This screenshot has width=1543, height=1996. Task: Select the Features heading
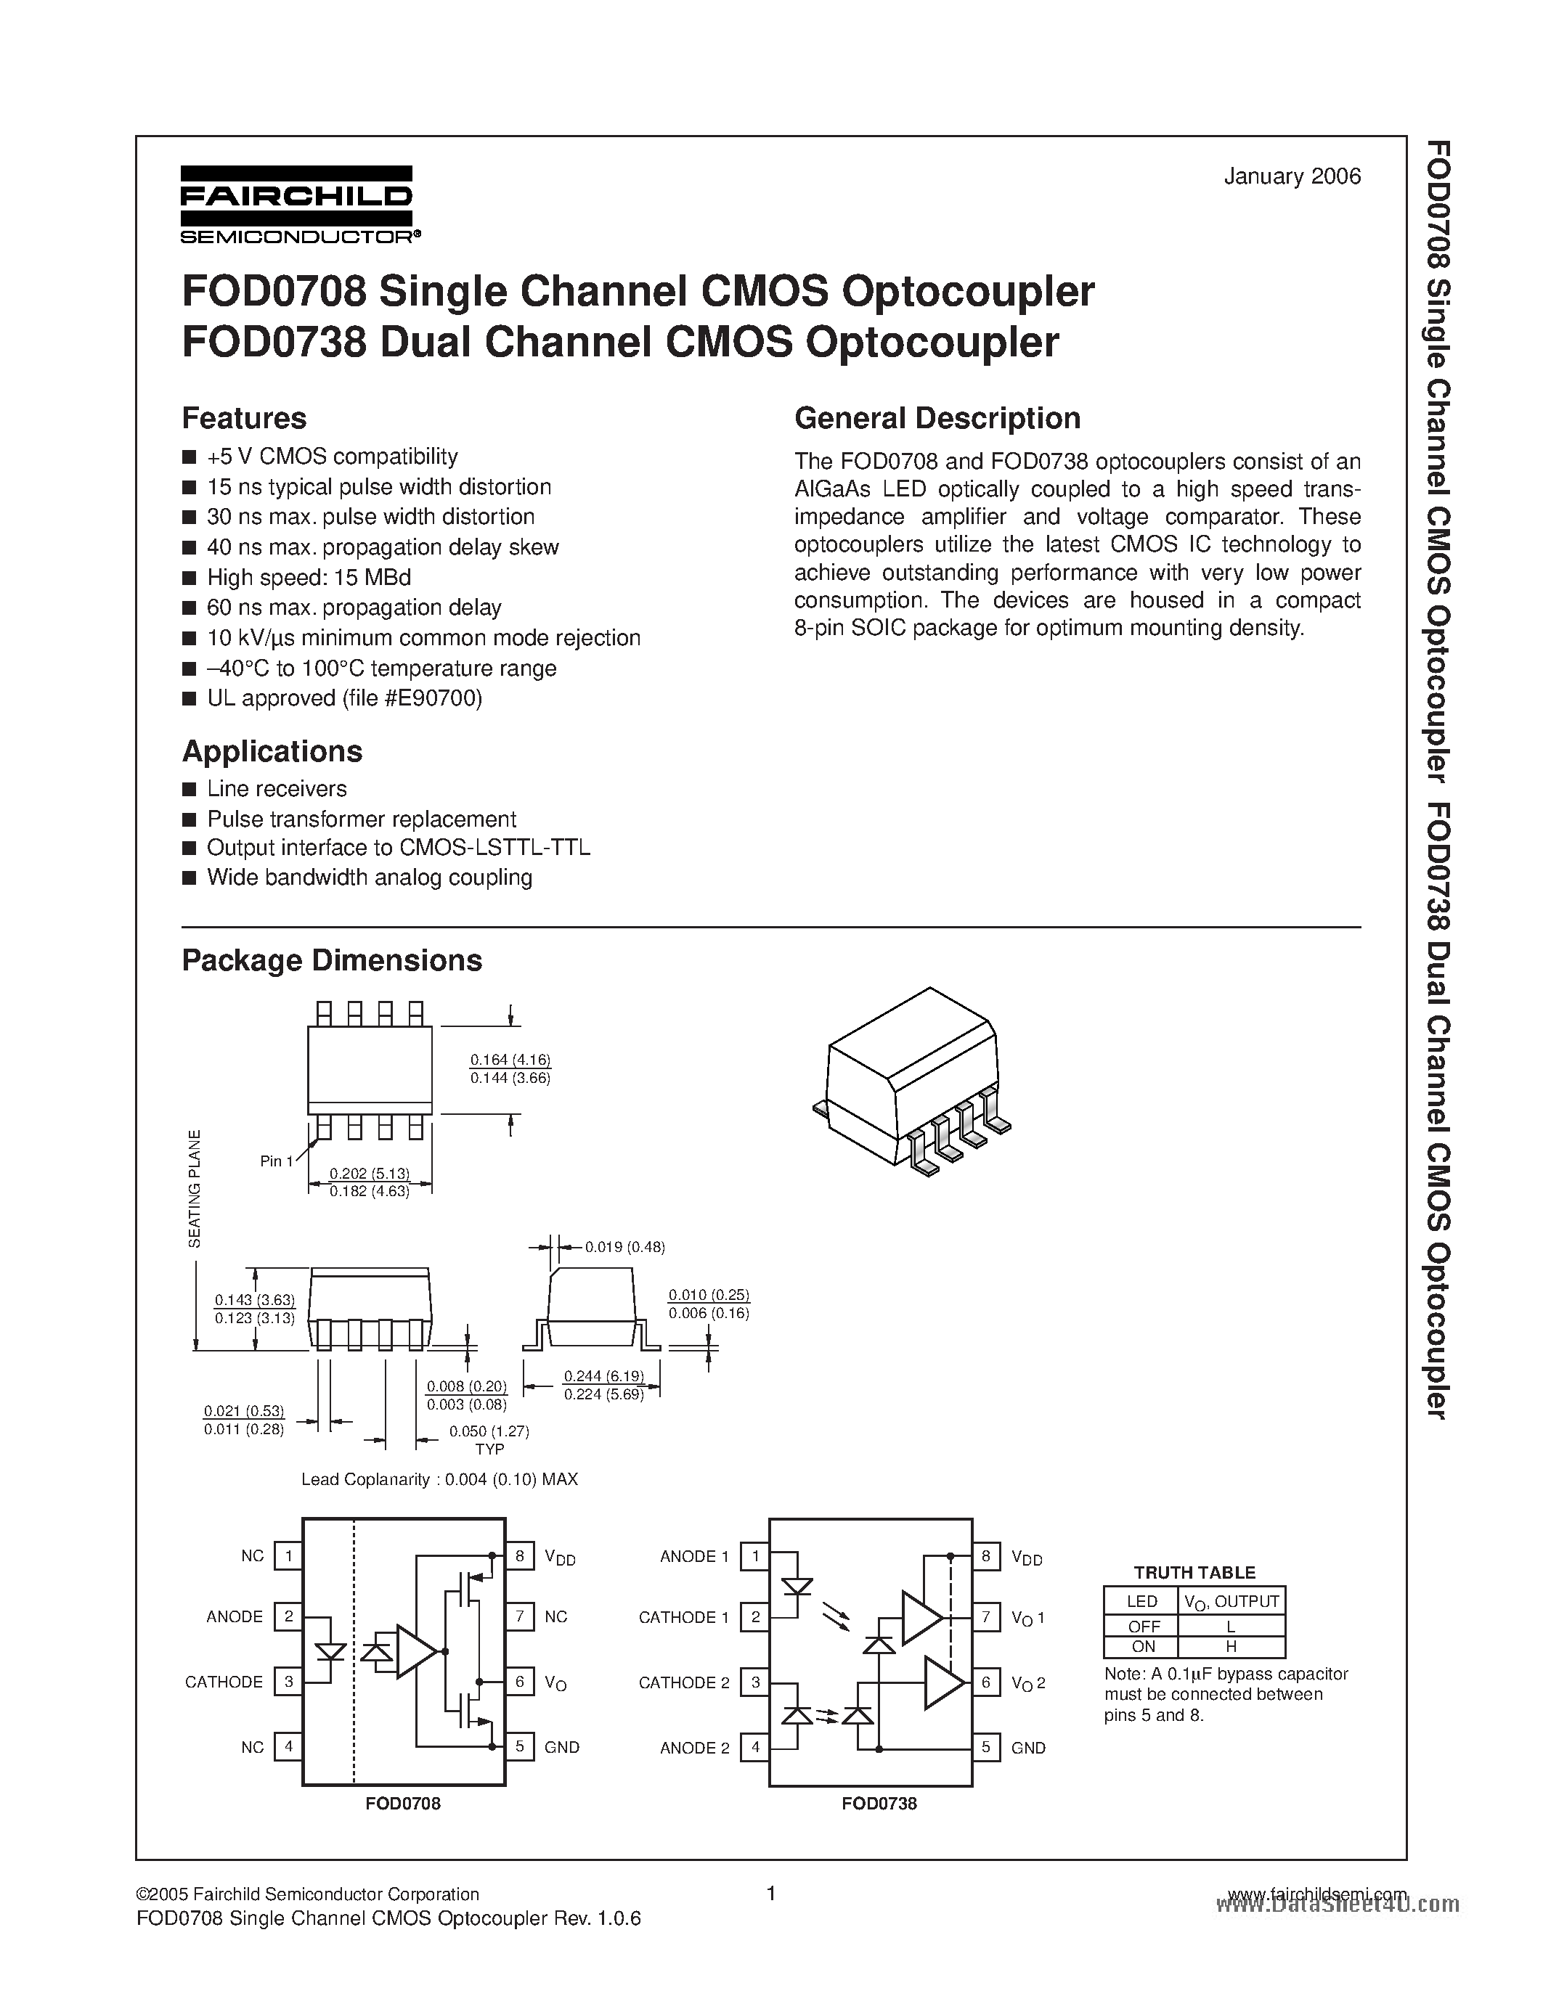click(x=244, y=419)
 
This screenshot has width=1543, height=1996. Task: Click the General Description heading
click(x=937, y=419)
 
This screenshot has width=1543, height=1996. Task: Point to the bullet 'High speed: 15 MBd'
click(x=309, y=578)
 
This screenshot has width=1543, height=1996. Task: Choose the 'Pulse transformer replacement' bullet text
click(x=361, y=819)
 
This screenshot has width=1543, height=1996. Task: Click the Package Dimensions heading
click(x=332, y=960)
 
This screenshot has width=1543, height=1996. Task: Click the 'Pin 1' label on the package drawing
click(x=276, y=1161)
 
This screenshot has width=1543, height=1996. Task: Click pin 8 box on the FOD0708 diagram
click(x=519, y=1555)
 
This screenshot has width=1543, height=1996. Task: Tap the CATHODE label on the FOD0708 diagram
click(x=224, y=1682)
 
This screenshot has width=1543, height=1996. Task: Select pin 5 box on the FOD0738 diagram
click(x=985, y=1748)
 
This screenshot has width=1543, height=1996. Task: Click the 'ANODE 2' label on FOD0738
click(x=695, y=1748)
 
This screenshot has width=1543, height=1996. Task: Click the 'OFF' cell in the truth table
click(x=1144, y=1626)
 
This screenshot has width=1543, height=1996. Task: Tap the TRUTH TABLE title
click(x=1194, y=1573)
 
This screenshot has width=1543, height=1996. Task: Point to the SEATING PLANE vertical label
click(x=194, y=1188)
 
